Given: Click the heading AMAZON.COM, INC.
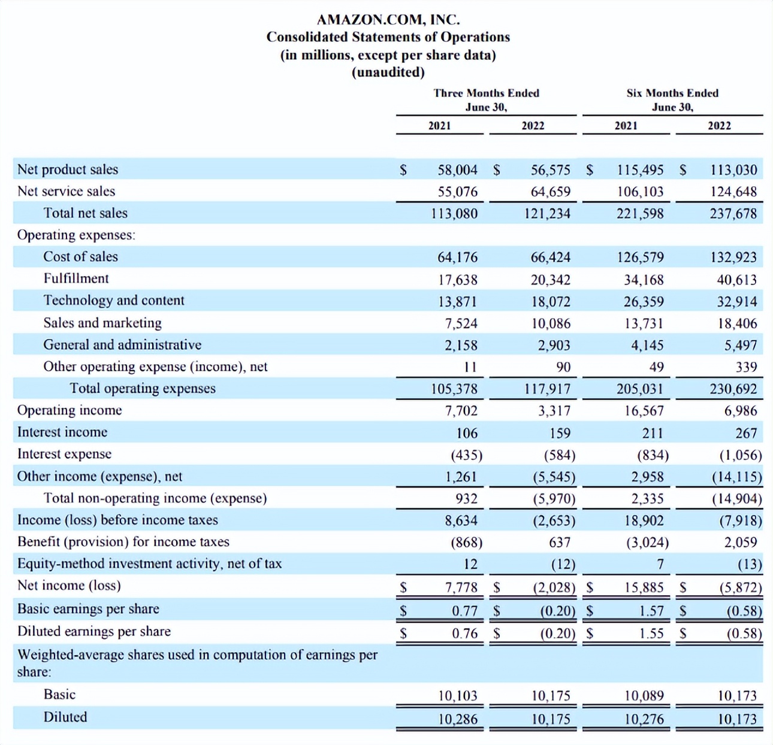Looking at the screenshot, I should (x=388, y=20).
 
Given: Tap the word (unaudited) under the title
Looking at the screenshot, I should (x=388, y=72).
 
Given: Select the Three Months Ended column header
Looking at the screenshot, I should (x=486, y=93).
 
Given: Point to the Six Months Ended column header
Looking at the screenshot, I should (x=672, y=93).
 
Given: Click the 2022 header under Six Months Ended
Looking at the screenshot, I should (x=719, y=126).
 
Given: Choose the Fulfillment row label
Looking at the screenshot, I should (x=76, y=278).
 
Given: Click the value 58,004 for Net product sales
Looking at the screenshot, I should (x=457, y=170).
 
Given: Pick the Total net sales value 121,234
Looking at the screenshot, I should (x=550, y=214).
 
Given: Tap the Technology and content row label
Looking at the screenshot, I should (x=114, y=301).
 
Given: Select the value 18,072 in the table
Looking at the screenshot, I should (x=550, y=302).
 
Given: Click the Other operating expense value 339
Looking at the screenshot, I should (x=746, y=367).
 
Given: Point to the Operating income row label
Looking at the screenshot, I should (x=70, y=410).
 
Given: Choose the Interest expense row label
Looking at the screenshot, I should (x=64, y=454).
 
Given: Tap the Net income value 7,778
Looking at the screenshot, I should (x=461, y=587).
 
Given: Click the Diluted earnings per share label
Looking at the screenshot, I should (x=94, y=631).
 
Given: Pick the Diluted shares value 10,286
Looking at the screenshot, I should (x=457, y=719).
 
